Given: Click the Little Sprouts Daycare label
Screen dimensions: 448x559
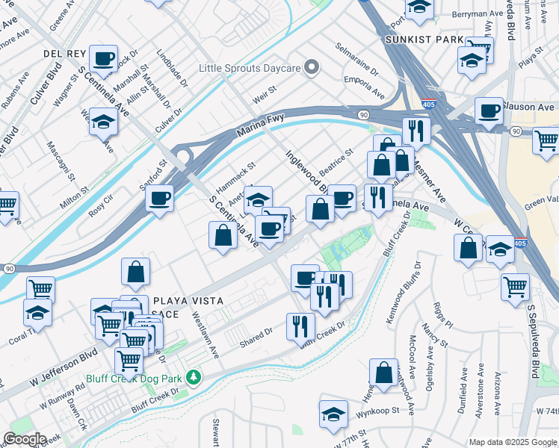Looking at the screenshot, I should [250, 69].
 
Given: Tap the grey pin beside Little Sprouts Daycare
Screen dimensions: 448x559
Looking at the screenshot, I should [313, 69].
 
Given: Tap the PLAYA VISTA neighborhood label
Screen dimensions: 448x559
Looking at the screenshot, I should [188, 301].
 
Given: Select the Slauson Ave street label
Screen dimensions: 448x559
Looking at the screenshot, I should [529, 107].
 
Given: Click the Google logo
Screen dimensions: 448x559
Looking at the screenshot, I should [24, 439].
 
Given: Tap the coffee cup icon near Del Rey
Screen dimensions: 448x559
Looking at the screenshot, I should [103, 57].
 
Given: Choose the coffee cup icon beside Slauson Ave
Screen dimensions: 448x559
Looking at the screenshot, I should [489, 111].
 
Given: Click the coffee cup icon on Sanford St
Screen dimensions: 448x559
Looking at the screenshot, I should [159, 198].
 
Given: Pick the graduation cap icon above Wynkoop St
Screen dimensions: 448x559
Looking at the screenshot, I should [333, 414].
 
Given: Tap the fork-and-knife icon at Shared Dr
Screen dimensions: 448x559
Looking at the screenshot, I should [300, 326].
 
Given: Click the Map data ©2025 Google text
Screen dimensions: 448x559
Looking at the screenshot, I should [512, 442].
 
